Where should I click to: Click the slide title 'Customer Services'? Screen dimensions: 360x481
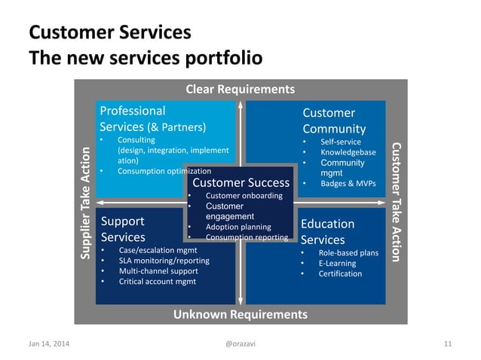point(109,33)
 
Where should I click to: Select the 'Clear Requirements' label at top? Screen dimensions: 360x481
point(240,90)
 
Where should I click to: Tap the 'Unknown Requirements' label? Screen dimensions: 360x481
point(240,314)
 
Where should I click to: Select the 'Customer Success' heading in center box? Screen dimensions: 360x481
point(241,182)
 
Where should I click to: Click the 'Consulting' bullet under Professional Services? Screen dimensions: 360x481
point(136,139)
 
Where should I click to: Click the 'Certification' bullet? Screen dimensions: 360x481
point(341,273)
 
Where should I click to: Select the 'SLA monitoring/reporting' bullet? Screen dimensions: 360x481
point(164,261)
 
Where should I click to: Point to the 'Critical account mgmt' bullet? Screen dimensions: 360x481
point(157,281)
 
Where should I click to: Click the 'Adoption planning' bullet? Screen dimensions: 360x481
point(238,227)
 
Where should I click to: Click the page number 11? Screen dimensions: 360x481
point(448,344)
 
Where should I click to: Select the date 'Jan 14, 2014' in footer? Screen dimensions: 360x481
point(47,344)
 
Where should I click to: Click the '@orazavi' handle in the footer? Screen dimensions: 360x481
point(240,344)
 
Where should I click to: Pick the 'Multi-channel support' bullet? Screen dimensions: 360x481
point(158,271)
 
